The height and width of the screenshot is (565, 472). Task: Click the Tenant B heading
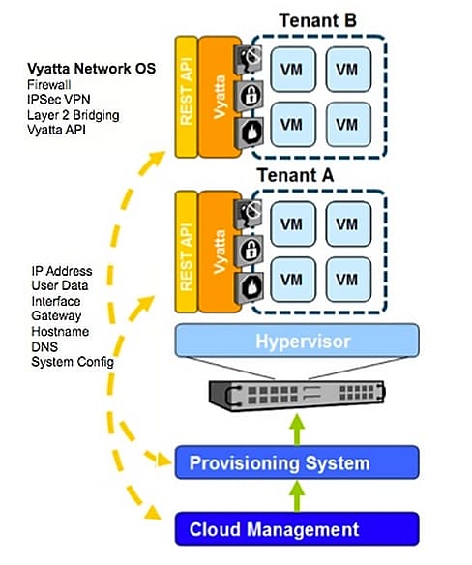point(318,20)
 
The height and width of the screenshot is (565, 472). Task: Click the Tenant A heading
point(295,175)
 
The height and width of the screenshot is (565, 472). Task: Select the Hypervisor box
point(297,341)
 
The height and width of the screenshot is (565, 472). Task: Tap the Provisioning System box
point(297,462)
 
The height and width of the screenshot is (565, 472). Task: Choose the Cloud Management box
point(297,529)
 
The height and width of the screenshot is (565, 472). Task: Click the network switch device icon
point(297,396)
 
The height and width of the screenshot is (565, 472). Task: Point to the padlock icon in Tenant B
point(249,96)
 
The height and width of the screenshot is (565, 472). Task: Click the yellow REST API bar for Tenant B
point(187,97)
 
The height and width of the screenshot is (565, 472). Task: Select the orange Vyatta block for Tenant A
point(220,252)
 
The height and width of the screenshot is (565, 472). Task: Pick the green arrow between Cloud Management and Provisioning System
point(297,495)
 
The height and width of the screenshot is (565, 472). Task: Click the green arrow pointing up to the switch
point(297,430)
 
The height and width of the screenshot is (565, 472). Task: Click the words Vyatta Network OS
point(92,69)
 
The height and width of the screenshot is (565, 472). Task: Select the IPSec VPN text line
point(59,99)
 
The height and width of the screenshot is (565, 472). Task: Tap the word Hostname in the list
point(60,331)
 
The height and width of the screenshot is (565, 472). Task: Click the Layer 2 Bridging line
point(74,115)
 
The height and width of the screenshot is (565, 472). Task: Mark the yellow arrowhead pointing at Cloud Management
point(153,513)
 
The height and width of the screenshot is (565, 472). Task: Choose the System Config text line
point(73,362)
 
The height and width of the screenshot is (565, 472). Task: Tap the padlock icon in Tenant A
point(249,251)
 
